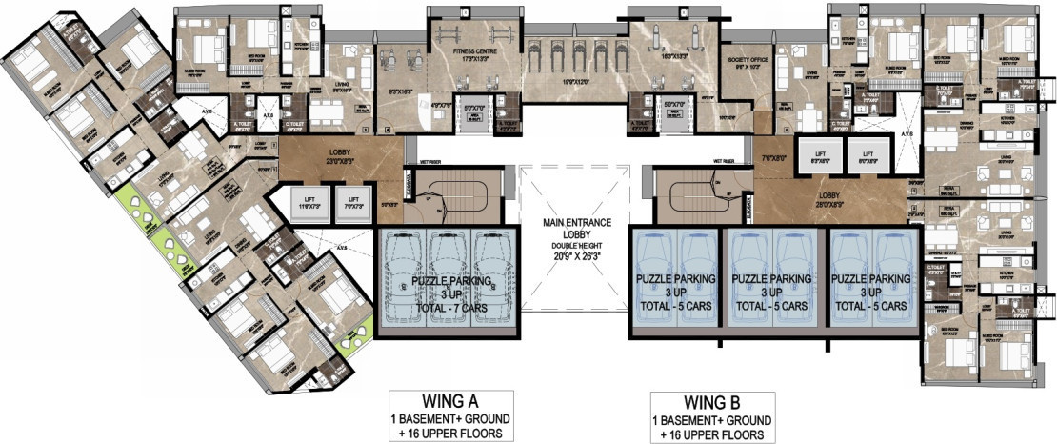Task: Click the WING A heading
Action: (451, 402)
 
